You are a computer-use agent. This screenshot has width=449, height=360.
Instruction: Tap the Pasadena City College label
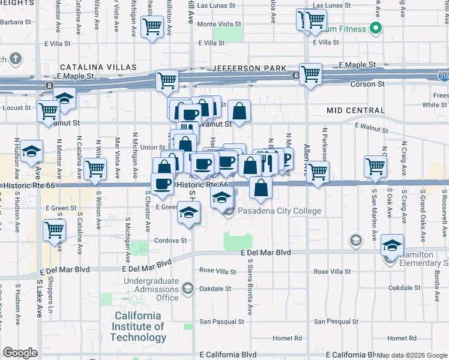(279, 211)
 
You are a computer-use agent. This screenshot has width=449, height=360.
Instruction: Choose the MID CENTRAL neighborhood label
(355, 110)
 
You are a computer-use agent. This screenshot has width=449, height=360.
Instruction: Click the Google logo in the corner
(20, 353)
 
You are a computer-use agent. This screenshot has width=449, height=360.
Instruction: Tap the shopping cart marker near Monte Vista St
(152, 26)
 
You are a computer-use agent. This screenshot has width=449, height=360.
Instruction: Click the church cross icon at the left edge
(16, 59)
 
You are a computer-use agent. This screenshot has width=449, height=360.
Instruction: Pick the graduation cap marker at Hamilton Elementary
(392, 245)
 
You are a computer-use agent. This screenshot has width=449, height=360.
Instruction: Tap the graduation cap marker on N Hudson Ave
(31, 152)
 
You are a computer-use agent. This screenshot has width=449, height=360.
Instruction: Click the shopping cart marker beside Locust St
(47, 110)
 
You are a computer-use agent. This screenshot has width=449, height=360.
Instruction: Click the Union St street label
(152, 147)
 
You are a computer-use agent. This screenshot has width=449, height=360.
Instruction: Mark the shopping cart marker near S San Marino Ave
(376, 166)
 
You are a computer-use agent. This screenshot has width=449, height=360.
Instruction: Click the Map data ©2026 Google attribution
(412, 355)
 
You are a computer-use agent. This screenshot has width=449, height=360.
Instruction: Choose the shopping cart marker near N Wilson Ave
(95, 169)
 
